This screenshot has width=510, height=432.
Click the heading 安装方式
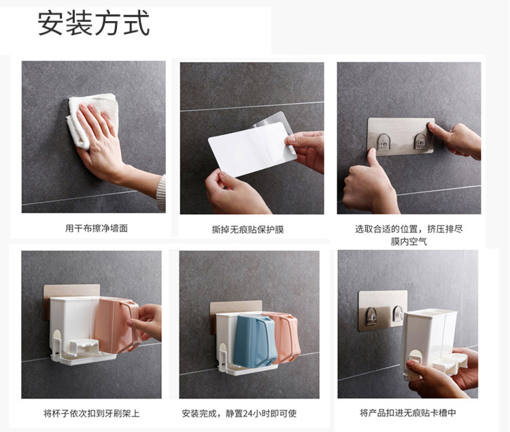[x=94, y=23]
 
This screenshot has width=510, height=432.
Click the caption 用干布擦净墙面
[x=97, y=229]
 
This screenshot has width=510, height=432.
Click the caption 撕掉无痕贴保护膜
[x=248, y=230]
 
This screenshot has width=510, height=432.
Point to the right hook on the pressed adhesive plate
[x=420, y=141]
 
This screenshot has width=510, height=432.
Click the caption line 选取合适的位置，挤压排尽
[x=409, y=229]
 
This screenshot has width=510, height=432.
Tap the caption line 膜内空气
[x=409, y=242]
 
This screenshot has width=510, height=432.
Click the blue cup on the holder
[x=254, y=341]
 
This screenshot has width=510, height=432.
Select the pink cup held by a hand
[x=117, y=325]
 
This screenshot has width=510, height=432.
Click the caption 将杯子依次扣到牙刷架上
[x=92, y=414]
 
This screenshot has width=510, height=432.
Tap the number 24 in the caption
[x=248, y=414]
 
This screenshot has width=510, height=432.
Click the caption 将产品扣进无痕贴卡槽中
[x=408, y=413]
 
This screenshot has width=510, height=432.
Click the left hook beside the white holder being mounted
[x=371, y=316]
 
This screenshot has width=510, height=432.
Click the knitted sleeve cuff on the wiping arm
[x=161, y=194]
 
